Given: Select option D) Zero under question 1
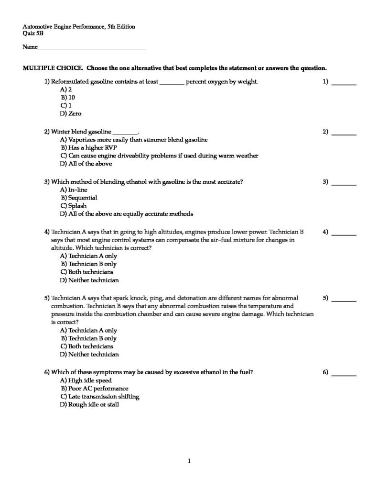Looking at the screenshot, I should click(x=71, y=114).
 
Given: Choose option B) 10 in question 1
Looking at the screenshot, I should click(x=68, y=98).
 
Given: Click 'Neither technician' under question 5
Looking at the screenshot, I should click(x=89, y=355).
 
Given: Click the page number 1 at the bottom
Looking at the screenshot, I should click(x=189, y=461).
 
